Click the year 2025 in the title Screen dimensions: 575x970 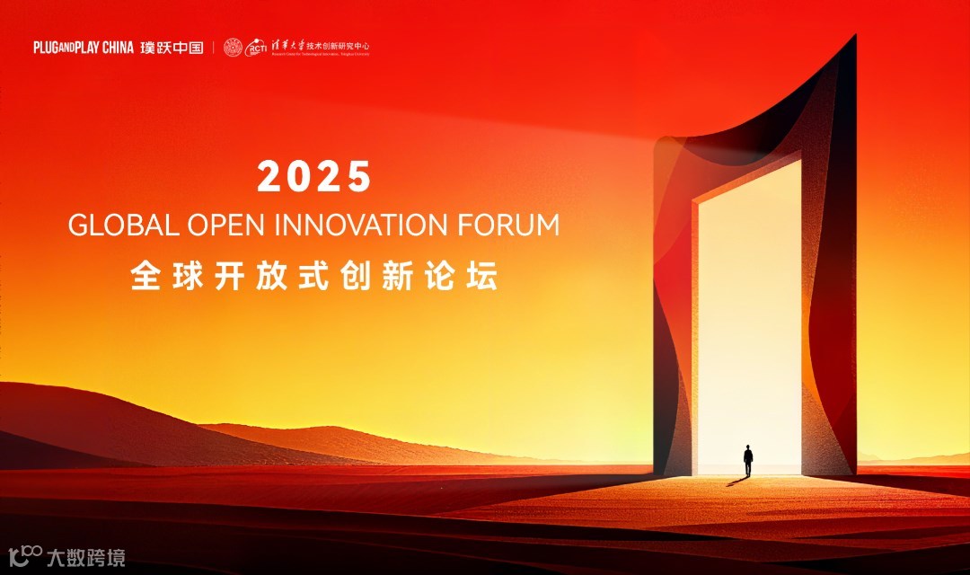(314, 177)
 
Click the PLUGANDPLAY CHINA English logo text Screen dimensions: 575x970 (84, 48)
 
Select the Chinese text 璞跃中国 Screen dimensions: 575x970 (172, 48)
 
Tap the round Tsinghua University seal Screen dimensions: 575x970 (234, 48)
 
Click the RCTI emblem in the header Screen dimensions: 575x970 (258, 48)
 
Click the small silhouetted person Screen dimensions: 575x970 (747, 460)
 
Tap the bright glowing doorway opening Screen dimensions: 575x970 (748, 314)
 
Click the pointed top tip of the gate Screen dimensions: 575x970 (853, 37)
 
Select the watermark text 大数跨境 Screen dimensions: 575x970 (85, 557)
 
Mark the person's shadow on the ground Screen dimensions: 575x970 (737, 482)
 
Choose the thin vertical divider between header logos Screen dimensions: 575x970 (214, 48)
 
